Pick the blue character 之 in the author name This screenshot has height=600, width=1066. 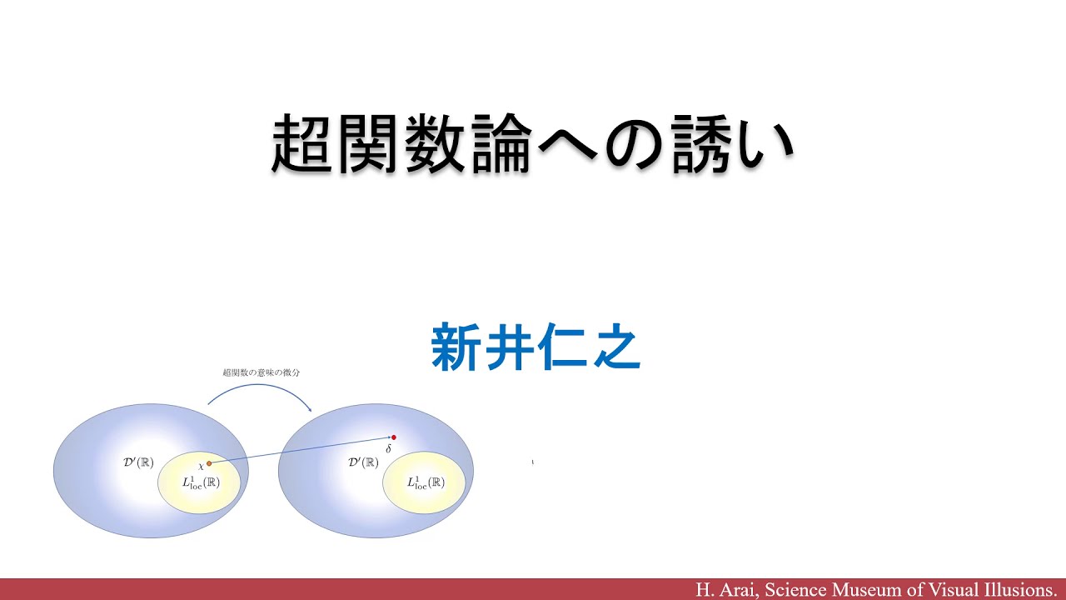point(615,347)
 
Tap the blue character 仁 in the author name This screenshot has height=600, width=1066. point(561,347)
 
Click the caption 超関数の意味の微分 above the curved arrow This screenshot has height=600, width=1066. point(261,372)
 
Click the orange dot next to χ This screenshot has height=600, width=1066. point(209,463)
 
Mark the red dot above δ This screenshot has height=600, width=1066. point(394,437)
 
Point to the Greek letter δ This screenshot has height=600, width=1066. point(388,449)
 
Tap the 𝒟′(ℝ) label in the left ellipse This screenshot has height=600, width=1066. point(138,462)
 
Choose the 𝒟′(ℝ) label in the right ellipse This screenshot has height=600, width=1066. point(363,462)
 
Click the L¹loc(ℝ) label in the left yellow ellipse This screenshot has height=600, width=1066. point(200,482)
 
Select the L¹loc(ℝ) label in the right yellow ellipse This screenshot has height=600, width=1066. point(425,482)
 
